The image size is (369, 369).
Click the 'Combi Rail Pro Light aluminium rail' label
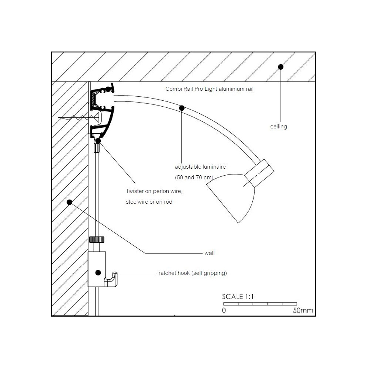(x=210, y=89)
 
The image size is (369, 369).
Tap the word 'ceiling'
(x=279, y=127)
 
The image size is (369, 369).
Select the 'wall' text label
(x=210, y=253)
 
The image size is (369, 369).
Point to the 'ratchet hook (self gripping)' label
(x=193, y=273)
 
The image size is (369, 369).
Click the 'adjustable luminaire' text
(x=200, y=167)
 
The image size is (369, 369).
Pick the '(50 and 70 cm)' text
(x=194, y=177)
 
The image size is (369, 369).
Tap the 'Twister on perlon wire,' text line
(x=154, y=191)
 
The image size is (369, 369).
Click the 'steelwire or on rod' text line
(x=149, y=202)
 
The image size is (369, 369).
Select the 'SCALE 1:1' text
(x=238, y=297)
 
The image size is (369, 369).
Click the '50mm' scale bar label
(x=303, y=310)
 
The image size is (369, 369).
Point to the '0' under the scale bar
(x=224, y=310)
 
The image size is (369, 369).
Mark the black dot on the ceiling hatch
(x=280, y=67)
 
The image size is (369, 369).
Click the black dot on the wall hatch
(x=69, y=202)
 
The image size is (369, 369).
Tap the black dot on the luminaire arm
(x=182, y=108)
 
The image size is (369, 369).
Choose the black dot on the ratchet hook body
(x=98, y=273)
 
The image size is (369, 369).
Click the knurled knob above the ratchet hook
(x=97, y=239)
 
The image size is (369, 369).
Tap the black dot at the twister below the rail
(x=98, y=141)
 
